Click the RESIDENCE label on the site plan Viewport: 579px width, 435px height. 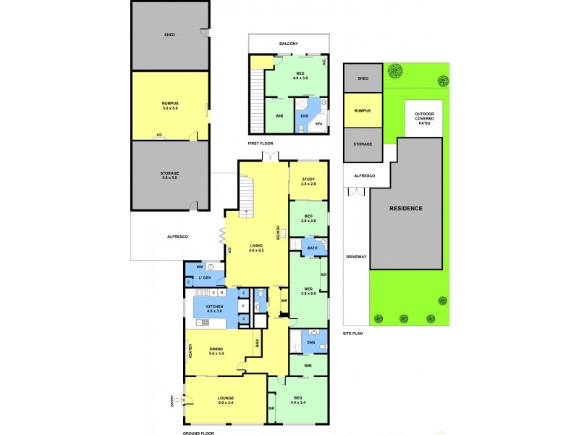click(406, 208)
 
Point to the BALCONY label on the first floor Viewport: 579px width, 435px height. click(289, 43)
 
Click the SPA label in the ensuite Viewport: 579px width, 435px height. click(318, 125)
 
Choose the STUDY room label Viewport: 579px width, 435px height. click(308, 179)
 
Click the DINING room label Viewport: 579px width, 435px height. click(216, 349)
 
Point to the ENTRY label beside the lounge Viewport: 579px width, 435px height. click(172, 401)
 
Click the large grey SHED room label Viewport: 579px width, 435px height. click(170, 34)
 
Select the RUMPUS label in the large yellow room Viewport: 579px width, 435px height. click(170, 104)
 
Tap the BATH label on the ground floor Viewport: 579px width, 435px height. click(312, 248)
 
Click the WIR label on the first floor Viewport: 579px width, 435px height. click(279, 116)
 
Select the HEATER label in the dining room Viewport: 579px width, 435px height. click(190, 352)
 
